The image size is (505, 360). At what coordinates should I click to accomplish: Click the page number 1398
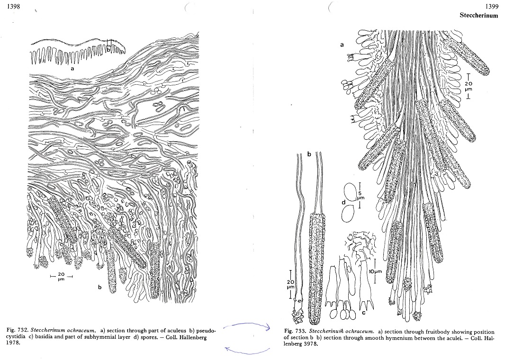14,6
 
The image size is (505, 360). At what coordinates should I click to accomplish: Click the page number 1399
491,7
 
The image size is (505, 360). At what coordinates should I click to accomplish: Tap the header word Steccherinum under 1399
479,15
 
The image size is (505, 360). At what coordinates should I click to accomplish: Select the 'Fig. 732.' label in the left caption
18,330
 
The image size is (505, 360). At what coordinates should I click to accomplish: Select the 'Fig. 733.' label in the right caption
295,331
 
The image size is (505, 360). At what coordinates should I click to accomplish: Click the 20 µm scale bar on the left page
61,276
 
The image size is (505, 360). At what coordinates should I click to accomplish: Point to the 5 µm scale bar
360,191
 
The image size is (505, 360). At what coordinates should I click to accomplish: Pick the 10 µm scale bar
375,271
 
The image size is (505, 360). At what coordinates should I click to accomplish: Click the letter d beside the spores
343,202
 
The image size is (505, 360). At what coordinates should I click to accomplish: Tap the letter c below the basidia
364,312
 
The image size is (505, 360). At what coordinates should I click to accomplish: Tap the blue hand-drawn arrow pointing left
247,351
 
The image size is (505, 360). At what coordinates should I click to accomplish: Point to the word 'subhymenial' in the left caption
105,337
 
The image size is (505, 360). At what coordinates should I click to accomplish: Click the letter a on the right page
342,45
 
